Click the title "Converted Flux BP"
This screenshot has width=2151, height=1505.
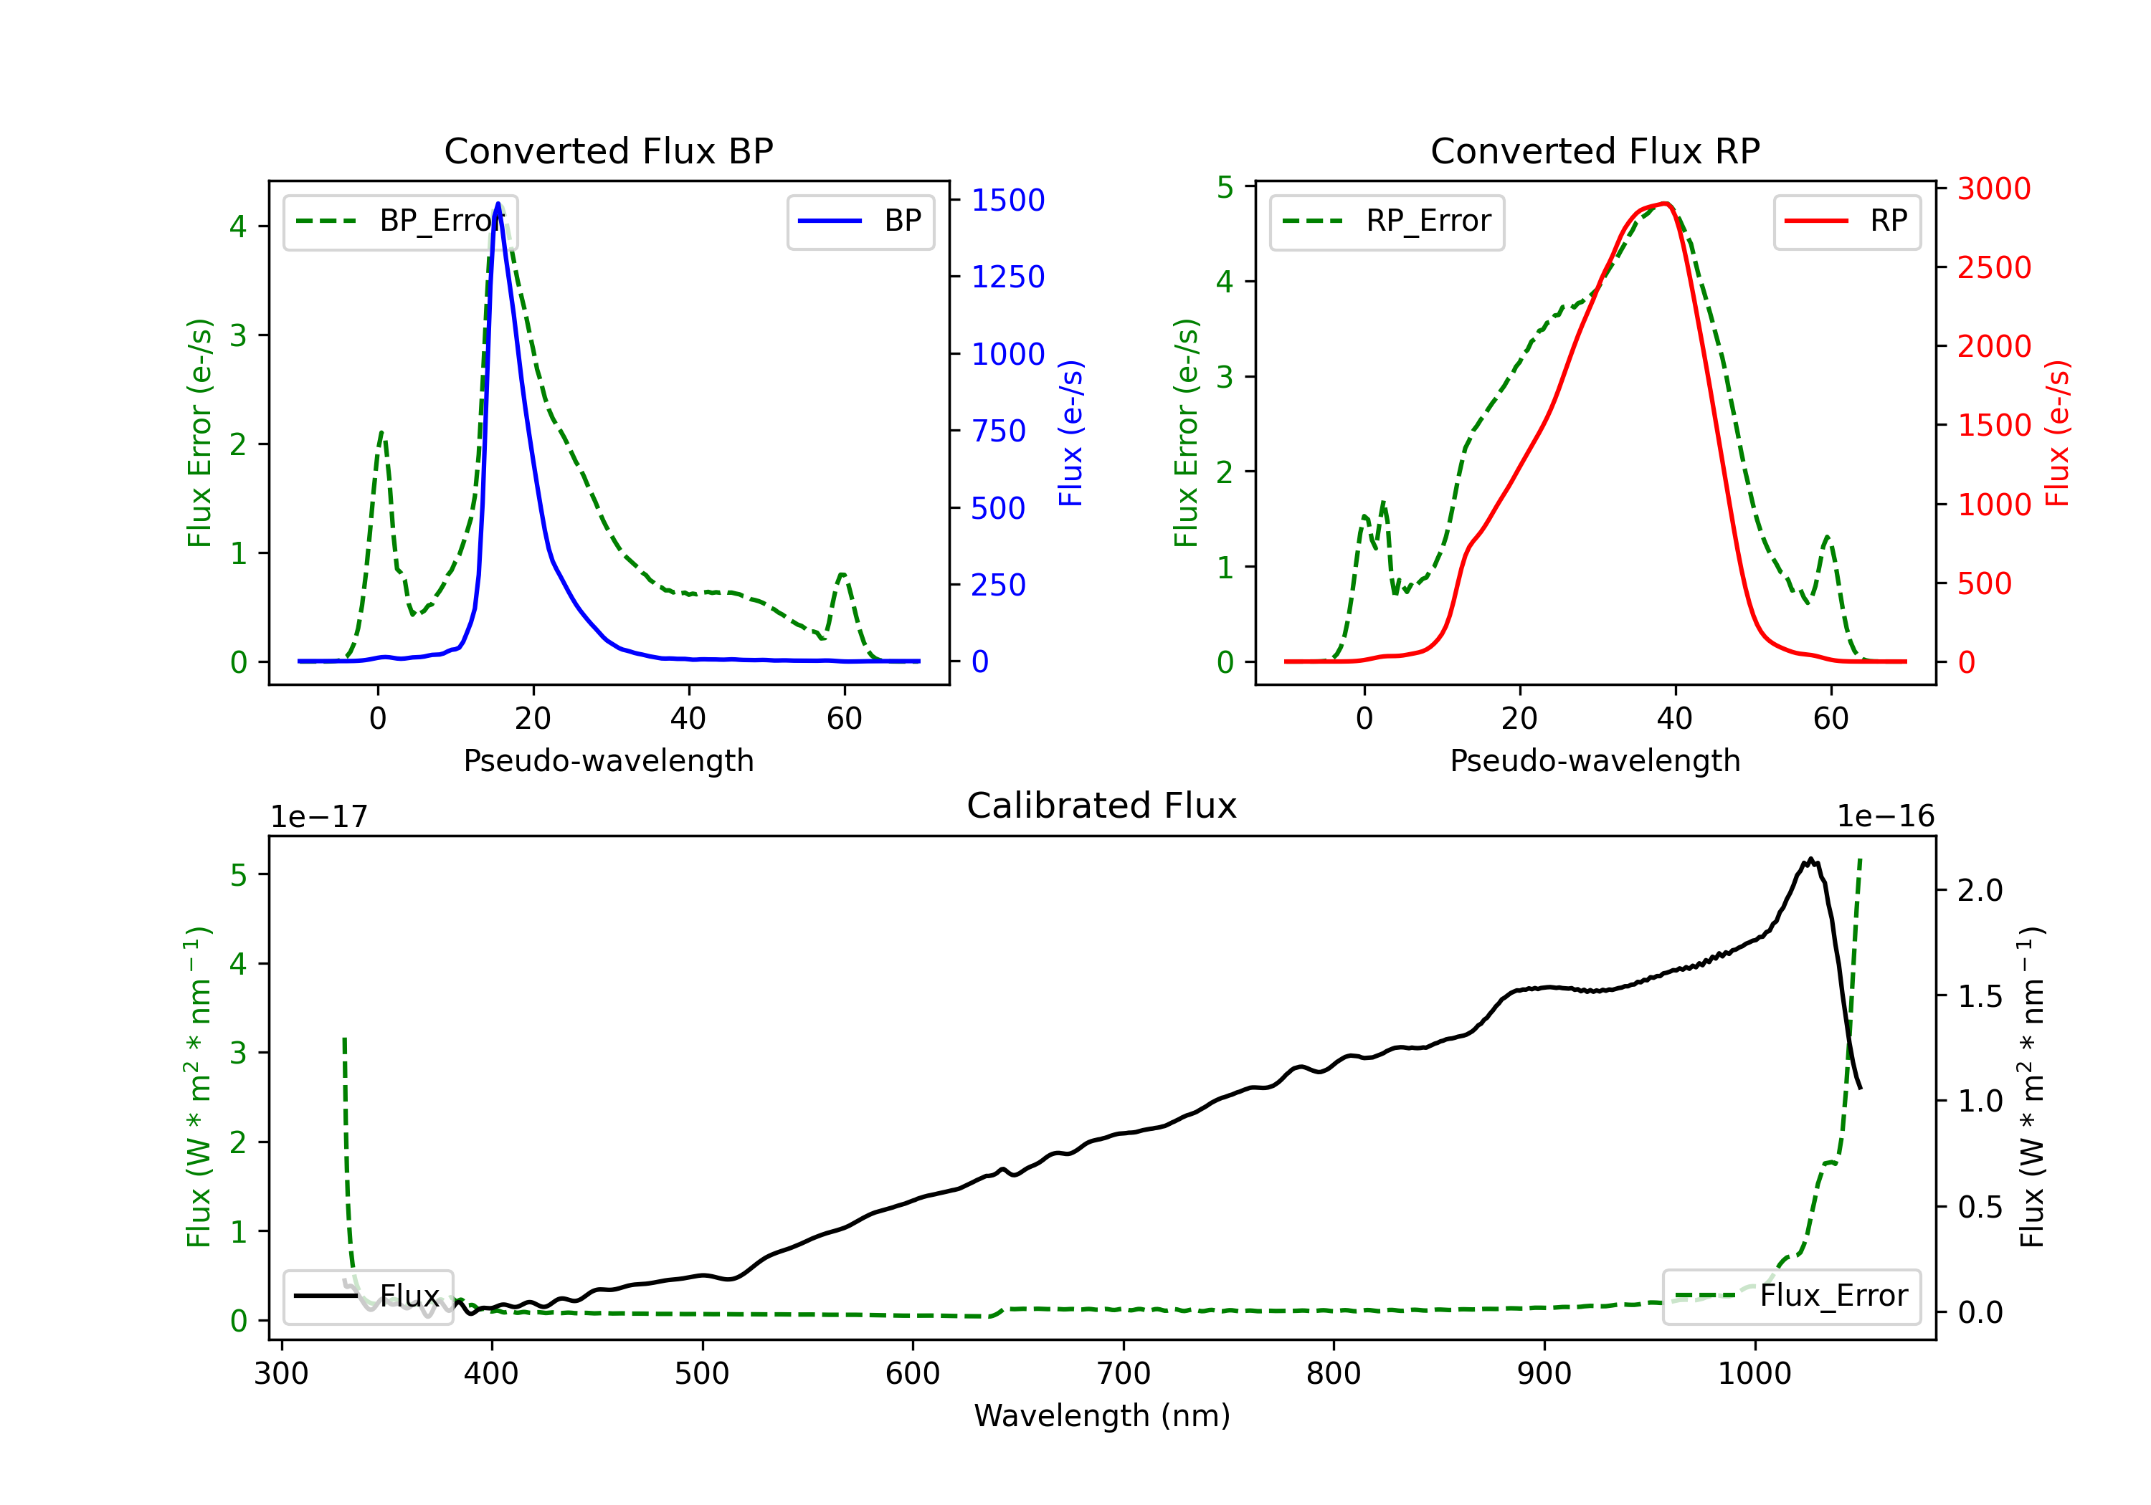(608, 150)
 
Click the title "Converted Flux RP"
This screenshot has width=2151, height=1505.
(1595, 150)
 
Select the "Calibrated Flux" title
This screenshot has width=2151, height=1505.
(1102, 806)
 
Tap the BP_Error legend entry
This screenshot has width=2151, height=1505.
(400, 221)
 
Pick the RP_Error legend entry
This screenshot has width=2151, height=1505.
(1387, 221)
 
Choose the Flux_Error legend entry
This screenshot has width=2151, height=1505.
(1791, 1296)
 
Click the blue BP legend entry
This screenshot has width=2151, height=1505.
(860, 221)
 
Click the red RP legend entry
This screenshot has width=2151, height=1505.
(1846, 221)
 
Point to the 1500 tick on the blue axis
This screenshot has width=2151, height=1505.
(1008, 199)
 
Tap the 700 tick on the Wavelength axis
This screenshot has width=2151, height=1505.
(1124, 1373)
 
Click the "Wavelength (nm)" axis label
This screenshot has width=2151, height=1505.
(1102, 1415)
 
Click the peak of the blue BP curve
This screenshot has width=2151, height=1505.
(498, 204)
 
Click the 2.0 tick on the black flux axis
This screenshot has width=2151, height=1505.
(1980, 889)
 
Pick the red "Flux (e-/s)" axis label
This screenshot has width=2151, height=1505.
(2057, 434)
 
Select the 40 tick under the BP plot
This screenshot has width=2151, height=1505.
(688, 718)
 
